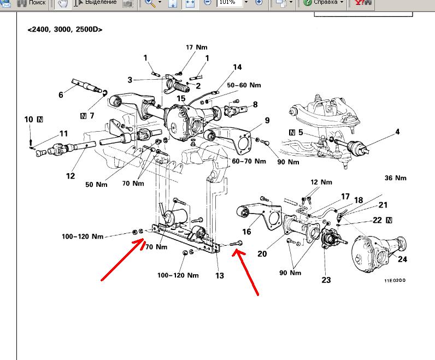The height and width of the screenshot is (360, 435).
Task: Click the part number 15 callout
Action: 181,98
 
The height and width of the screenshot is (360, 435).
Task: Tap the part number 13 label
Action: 220,275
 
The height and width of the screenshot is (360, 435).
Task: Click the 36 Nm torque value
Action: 396,178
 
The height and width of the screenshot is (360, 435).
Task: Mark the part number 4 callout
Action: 397,132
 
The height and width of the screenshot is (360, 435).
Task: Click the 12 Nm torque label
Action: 320,182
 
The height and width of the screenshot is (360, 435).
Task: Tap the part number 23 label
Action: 326,280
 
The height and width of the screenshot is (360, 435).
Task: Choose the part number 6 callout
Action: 61,95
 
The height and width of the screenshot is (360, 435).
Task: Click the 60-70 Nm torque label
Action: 249,161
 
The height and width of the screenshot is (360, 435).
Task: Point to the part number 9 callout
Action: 267,120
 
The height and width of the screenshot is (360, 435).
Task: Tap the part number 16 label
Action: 247,232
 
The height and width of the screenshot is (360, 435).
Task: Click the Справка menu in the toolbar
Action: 326,2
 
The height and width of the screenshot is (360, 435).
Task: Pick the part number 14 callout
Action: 237,68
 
